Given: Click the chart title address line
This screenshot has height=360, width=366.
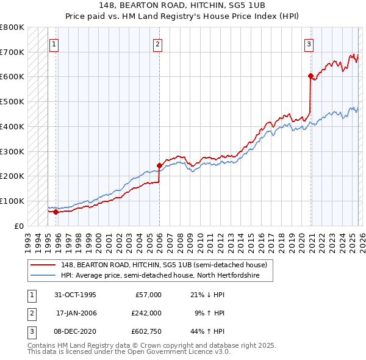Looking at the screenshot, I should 183,4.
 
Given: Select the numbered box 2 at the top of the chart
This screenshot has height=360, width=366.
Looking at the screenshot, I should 157,43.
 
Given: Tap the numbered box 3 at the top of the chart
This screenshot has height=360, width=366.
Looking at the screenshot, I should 309,43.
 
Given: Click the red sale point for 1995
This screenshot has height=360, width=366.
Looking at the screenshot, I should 56,212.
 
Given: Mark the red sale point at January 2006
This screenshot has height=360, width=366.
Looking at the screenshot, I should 159,165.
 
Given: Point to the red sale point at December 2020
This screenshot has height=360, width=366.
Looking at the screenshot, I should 310,76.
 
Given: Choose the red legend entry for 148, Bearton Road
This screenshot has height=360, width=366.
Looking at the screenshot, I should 155,265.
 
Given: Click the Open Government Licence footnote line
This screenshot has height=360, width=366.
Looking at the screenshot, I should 129,352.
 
